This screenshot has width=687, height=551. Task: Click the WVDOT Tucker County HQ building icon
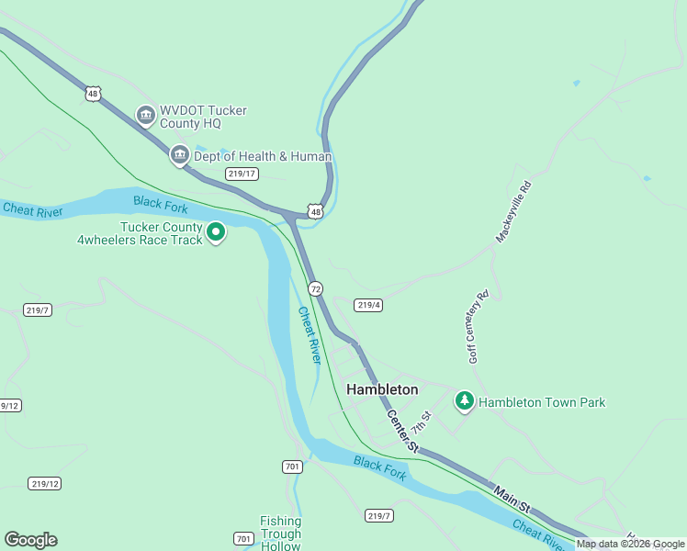point(145,116)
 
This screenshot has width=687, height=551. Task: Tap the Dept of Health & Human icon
point(180,156)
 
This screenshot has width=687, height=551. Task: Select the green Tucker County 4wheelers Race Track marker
point(216,232)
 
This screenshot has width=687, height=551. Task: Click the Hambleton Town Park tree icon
point(465,401)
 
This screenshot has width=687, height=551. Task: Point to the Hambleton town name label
point(382,389)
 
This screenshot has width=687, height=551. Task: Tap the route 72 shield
point(315,288)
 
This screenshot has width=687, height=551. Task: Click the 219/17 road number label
point(242,174)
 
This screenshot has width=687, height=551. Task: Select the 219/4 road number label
point(368,305)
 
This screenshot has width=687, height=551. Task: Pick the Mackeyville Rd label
point(513,211)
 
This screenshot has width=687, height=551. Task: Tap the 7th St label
point(421,423)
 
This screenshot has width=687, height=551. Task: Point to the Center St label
point(402,431)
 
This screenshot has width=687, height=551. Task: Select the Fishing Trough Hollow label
point(280,534)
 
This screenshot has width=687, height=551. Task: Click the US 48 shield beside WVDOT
point(92,93)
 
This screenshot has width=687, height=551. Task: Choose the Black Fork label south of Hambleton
point(379,468)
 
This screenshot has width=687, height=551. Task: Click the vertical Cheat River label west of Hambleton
point(310,335)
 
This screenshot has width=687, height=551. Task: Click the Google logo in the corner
point(30,540)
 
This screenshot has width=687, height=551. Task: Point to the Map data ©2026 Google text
point(630,544)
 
